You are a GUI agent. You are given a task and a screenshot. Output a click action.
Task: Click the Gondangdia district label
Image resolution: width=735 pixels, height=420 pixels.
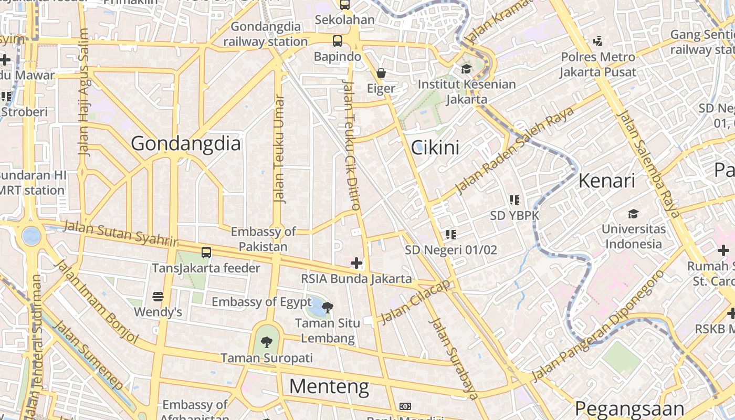[185, 143]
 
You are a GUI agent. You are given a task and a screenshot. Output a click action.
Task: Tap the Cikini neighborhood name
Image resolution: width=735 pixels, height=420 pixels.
[435, 148]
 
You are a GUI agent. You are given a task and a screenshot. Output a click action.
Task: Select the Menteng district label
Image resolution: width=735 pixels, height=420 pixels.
[329, 387]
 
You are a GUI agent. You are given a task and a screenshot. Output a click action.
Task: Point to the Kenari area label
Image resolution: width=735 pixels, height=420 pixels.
[606, 181]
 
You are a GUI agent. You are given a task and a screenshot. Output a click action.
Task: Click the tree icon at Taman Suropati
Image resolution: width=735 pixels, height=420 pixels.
[267, 342]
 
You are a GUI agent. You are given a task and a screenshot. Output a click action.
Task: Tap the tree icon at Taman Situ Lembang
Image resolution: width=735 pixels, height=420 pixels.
[328, 307]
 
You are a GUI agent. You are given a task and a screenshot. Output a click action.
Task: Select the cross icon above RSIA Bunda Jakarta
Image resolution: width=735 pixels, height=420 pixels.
[356, 262]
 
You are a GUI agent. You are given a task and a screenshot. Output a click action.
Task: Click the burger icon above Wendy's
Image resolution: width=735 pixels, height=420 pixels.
[157, 297]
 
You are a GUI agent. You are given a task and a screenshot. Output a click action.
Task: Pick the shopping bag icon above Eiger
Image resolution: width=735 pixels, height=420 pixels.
[381, 73]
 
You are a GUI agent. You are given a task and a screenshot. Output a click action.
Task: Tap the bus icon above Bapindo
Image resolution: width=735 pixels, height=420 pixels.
[337, 40]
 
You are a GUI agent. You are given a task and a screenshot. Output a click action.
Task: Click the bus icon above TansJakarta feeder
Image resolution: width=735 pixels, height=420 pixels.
[206, 252]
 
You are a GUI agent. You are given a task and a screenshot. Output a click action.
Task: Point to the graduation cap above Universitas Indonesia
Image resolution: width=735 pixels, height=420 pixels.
[633, 214]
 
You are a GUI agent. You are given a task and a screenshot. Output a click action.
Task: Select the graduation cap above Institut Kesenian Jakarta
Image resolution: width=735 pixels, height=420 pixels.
[466, 69]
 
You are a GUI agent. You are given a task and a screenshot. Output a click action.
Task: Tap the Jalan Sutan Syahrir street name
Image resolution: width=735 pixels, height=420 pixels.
[121, 234]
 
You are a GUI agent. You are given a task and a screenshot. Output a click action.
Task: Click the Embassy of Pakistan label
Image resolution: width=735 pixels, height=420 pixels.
[264, 239]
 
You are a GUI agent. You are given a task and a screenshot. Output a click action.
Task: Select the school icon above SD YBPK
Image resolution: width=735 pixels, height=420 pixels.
[514, 199]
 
